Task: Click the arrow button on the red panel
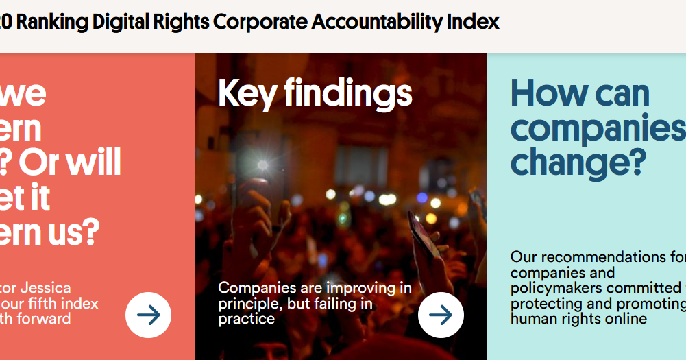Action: (148, 315)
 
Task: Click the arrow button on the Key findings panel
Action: (441, 315)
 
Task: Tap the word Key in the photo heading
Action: (246, 93)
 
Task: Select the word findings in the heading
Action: (348, 93)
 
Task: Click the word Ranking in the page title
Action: (52, 22)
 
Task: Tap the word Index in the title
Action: (473, 22)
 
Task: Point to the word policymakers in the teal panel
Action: (556, 288)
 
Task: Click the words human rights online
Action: (578, 319)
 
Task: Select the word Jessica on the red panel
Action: (45, 288)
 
